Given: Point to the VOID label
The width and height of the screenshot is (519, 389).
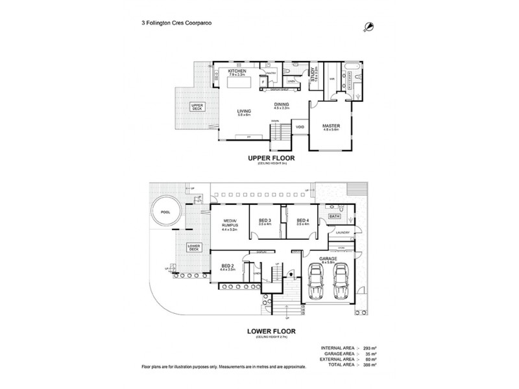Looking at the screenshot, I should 300,127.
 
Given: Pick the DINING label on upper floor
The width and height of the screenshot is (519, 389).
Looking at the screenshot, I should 282,104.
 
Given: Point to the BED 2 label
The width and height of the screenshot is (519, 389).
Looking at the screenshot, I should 228,266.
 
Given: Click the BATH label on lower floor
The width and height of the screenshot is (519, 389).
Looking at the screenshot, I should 335,216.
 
